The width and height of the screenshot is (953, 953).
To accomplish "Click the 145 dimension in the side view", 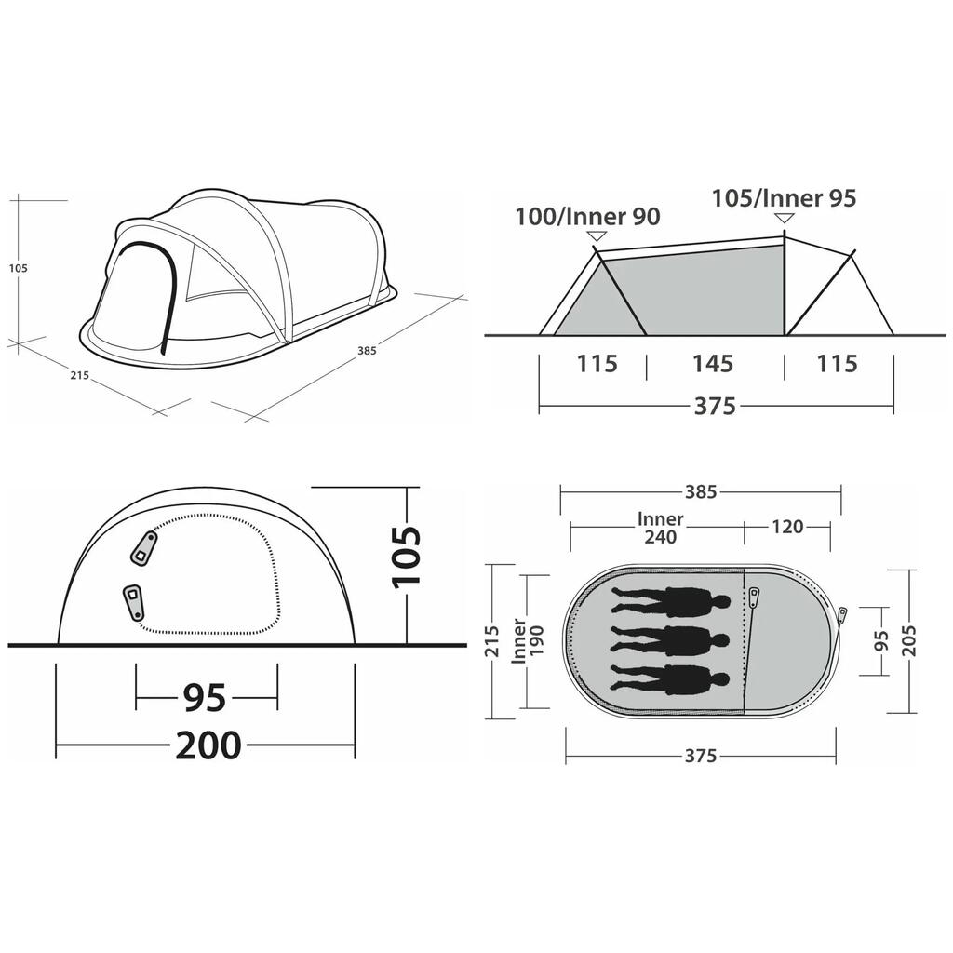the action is pos(713,364).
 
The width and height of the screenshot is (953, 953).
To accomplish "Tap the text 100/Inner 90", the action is pos(588,216).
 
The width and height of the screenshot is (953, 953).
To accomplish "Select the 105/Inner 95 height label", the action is pos(784,198).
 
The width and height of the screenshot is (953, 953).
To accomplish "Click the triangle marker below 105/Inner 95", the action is pos(784,218).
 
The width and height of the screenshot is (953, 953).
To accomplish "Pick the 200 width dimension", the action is pos(208,745).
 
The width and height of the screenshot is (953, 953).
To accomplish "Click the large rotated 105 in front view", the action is pos(406,557).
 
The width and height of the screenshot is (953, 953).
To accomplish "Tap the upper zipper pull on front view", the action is pos(143,548).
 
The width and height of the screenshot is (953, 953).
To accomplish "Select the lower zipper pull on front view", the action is pos(133,602).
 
